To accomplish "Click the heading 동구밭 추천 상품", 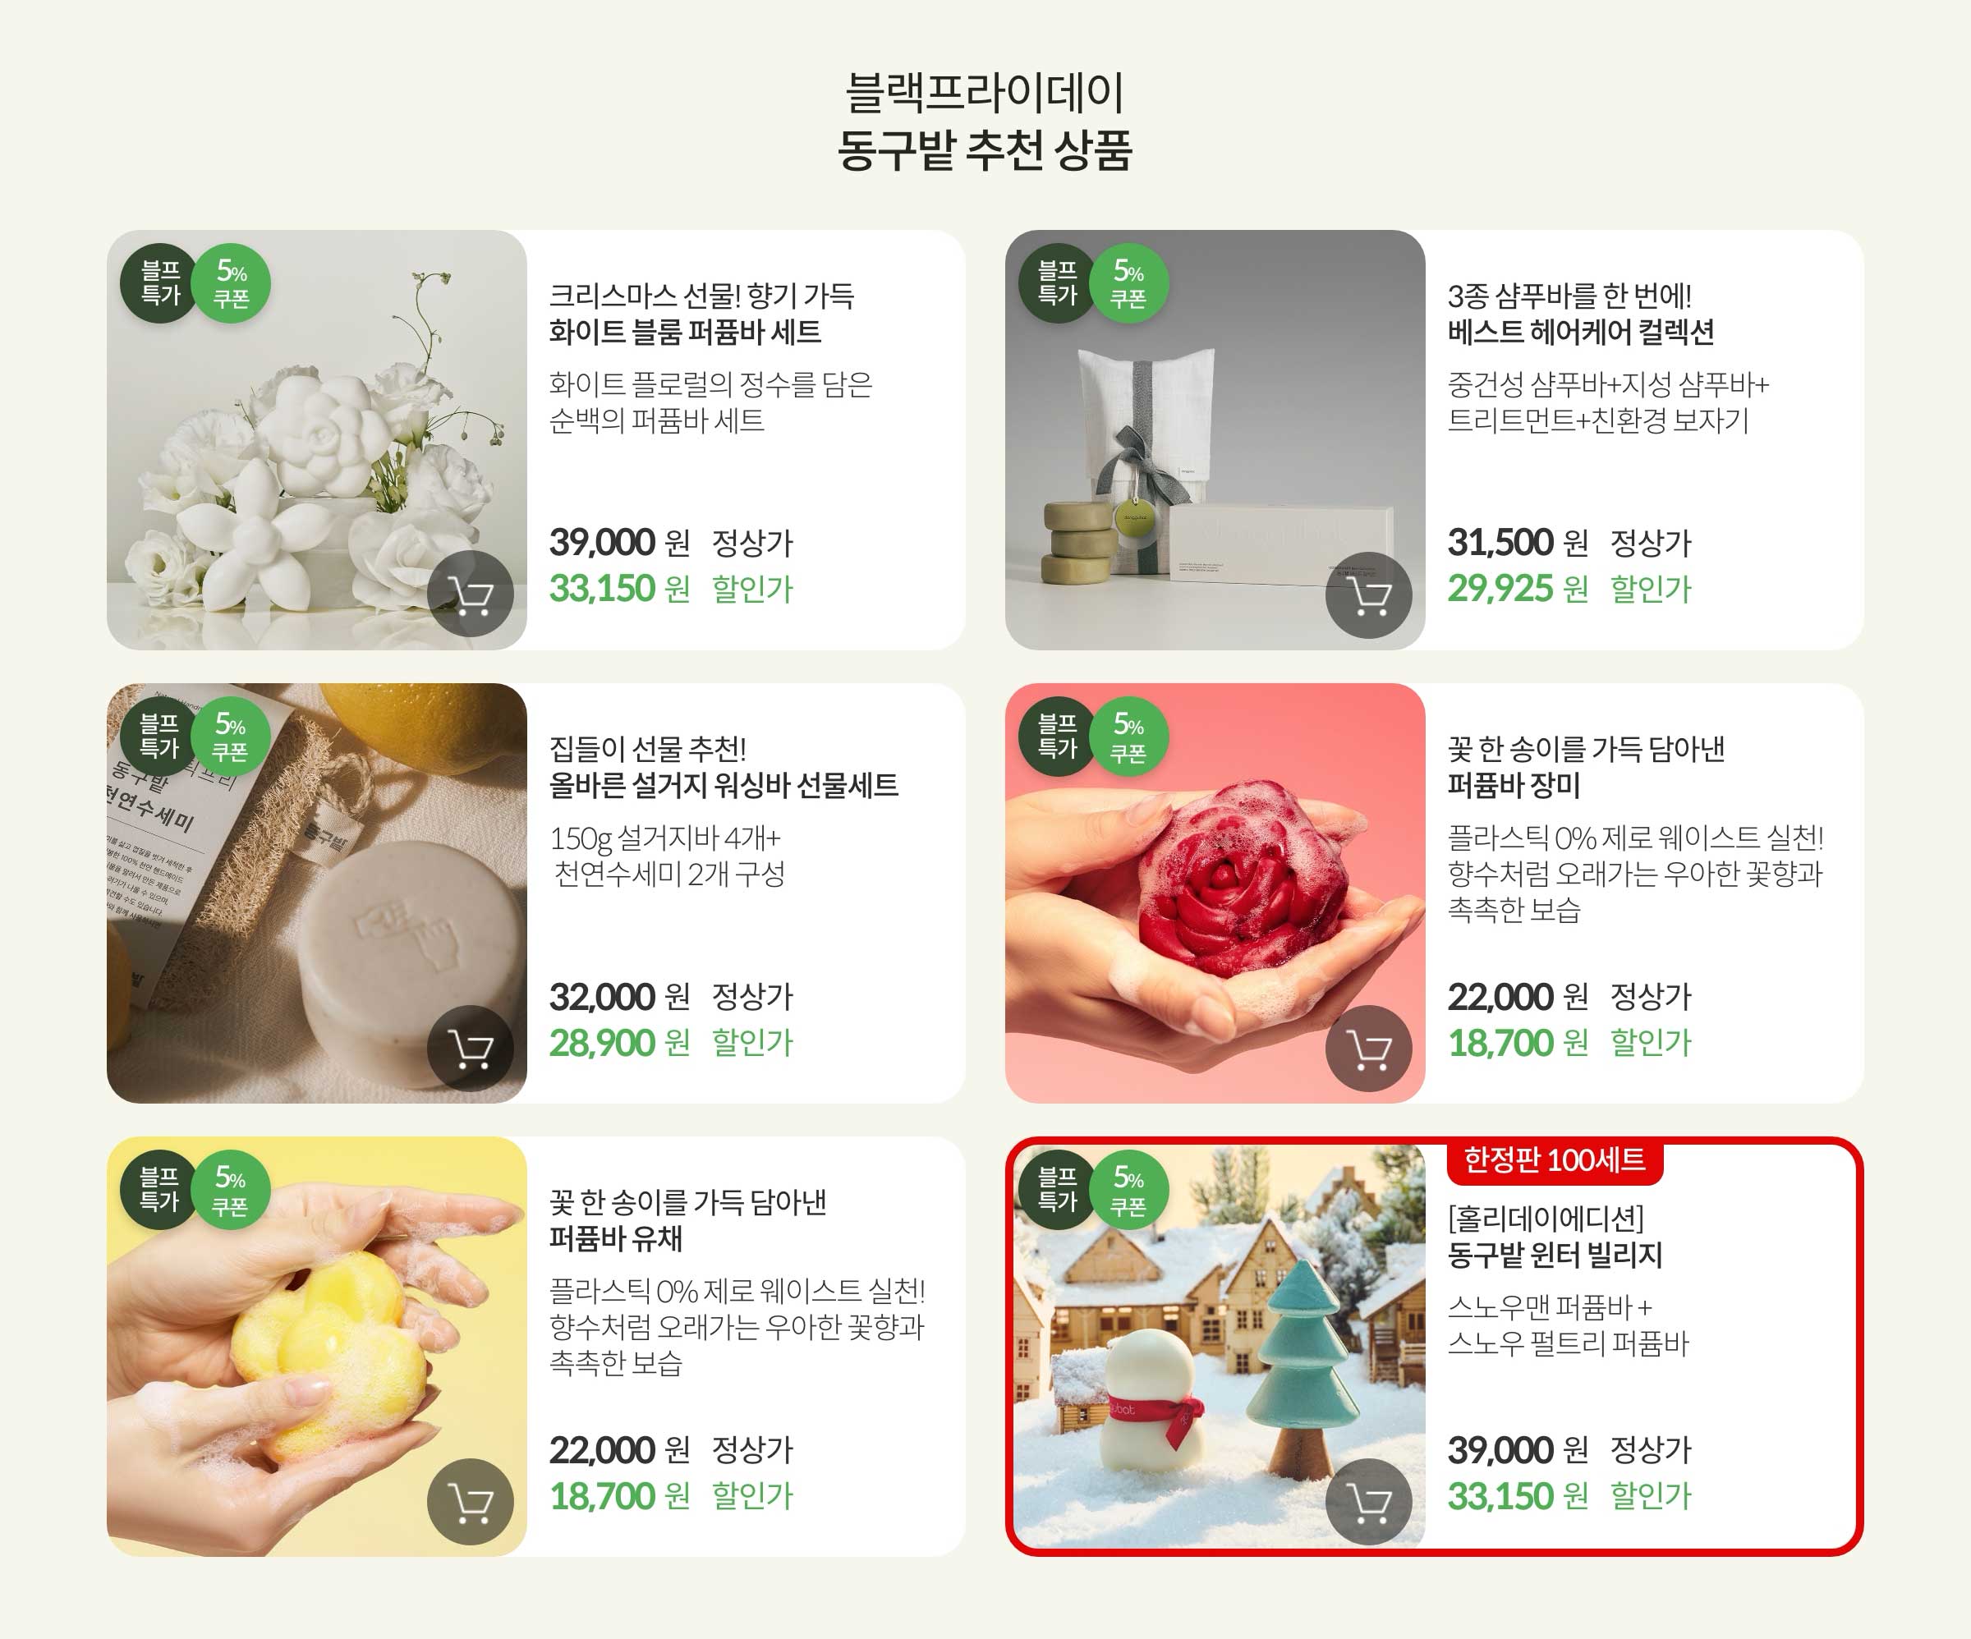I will pos(985,150).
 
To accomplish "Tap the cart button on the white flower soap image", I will pos(471,595).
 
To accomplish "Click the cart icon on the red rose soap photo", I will pos(1368,1049).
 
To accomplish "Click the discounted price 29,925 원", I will pos(1517,589).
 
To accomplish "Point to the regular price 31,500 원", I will pos(1517,543).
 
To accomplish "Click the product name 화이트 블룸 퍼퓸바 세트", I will pos(684,333).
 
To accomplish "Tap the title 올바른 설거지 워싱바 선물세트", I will pos(723,786).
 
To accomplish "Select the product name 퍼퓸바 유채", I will pos(616,1239).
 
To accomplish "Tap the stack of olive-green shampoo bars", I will pos(1079,543).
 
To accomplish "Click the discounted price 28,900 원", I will pos(618,1043).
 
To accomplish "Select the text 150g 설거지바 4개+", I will pos(664,838).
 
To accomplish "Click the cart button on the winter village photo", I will pos(1368,1503).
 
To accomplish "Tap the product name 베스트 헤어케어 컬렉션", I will pos(1581,333).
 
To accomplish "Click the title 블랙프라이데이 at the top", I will pos(985,92).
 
